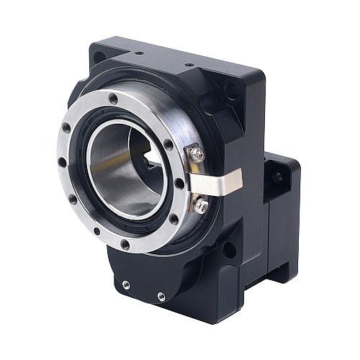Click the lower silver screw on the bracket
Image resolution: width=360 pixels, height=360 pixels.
(201, 205)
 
